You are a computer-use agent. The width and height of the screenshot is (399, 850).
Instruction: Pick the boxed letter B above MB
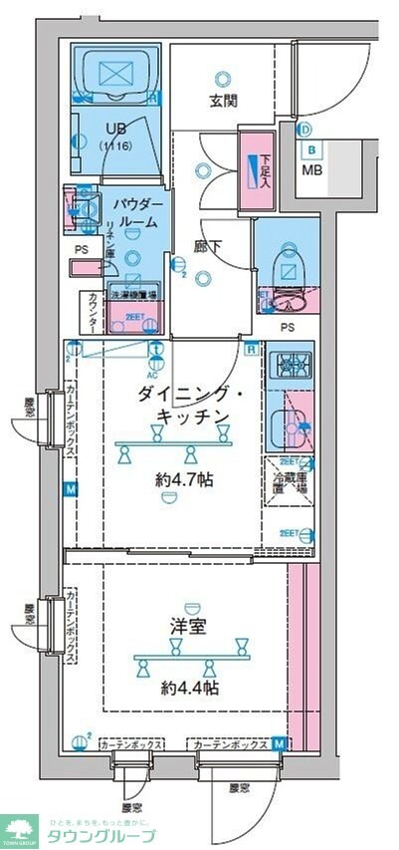pyautogui.click(x=311, y=150)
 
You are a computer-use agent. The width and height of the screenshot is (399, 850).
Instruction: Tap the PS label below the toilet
pyautogui.click(x=287, y=326)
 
